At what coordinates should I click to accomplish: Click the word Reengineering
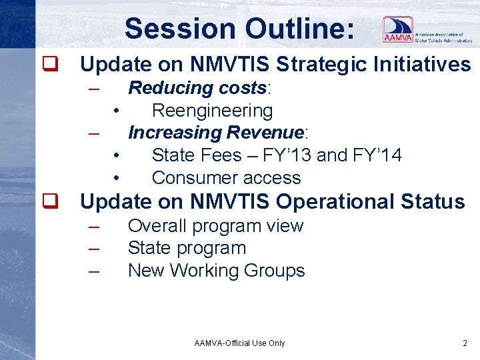212,111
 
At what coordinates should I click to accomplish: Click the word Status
434,201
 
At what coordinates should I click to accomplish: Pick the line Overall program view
215,226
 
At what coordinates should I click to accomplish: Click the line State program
187,248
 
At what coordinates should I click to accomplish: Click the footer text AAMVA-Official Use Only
239,343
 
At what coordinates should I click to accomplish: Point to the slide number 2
465,343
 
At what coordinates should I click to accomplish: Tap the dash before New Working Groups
94,271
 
